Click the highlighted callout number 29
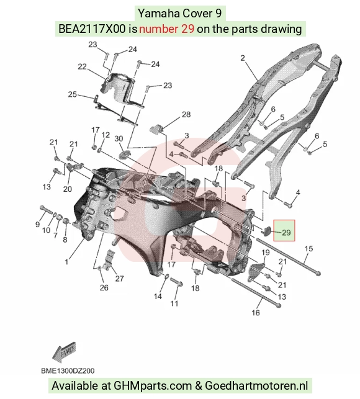286,233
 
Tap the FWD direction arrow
64,352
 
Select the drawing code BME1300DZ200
68,370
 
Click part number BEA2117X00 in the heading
92,29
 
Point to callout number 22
82,66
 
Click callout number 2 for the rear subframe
242,58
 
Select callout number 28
186,115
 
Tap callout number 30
119,138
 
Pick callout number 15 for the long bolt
308,249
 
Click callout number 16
256,313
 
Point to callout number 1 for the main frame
66,262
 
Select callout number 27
119,279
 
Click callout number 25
72,94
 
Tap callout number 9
37,224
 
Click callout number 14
158,297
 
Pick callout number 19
266,253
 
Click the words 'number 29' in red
167,29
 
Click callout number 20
68,189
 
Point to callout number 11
174,303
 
